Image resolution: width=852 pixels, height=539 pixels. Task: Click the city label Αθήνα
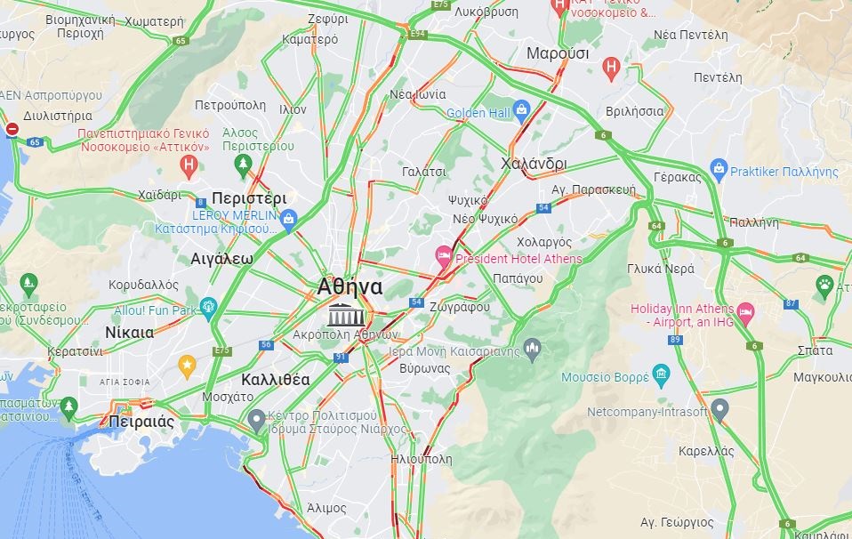pos(350,286)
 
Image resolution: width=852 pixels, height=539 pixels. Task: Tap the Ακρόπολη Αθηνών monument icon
pos(342,314)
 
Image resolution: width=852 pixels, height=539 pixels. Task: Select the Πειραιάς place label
pos(141,422)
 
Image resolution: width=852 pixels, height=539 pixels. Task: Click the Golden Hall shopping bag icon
pos(521,109)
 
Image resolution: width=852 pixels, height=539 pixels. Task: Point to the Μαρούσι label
pos(558,53)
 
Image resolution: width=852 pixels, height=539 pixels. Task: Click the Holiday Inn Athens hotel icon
pos(745,312)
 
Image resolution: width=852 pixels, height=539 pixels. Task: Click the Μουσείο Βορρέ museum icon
pos(660,374)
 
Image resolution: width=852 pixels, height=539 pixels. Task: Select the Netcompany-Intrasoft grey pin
pos(720,408)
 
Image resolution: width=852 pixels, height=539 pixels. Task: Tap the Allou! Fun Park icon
pos(209,307)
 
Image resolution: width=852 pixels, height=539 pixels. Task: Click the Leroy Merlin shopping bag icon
pos(287,218)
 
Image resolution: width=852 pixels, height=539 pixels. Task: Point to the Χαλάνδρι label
pos(534,164)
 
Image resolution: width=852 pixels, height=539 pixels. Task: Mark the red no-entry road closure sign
pos(12,130)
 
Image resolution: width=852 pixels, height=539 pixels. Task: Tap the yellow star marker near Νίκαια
pos(187,364)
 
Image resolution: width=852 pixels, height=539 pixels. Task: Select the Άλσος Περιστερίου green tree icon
pos(243,165)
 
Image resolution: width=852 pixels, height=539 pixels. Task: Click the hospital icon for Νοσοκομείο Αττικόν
pos(189,164)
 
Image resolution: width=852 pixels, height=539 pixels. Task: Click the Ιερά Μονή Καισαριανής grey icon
pos(532,346)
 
